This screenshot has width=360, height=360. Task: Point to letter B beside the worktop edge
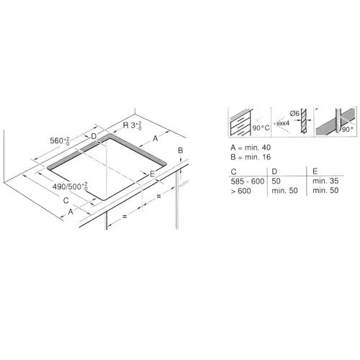click(181, 149)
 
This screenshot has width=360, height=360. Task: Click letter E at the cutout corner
click(152, 174)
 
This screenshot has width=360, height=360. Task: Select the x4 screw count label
click(283, 123)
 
